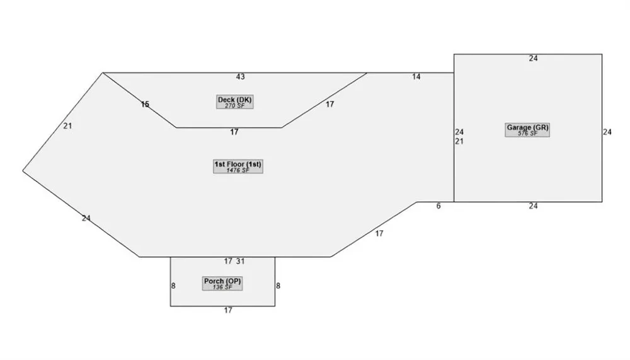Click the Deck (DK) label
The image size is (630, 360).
[x=234, y=100]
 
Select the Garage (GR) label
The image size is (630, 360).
[x=527, y=127]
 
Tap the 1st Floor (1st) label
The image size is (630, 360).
[x=238, y=164]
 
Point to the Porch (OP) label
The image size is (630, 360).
[x=222, y=281]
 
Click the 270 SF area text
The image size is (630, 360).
[x=234, y=106]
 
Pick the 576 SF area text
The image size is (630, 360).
[x=527, y=134]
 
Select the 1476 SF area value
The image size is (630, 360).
[x=238, y=170]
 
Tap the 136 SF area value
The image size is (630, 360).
[x=222, y=287]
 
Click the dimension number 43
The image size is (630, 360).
[x=240, y=77]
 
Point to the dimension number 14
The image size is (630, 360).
[x=416, y=77]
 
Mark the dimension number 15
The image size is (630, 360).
[x=145, y=105]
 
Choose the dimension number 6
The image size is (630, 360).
[x=438, y=206]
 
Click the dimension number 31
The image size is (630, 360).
[x=240, y=262]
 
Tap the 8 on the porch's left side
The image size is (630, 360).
[x=173, y=286]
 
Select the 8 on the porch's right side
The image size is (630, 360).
[x=278, y=286]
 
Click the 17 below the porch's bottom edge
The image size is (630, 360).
[x=228, y=311]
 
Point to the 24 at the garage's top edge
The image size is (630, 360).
[x=533, y=59]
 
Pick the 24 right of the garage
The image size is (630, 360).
[x=607, y=132]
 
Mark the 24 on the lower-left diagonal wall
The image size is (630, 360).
[x=86, y=218]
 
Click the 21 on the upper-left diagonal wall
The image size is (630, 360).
[x=67, y=126]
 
